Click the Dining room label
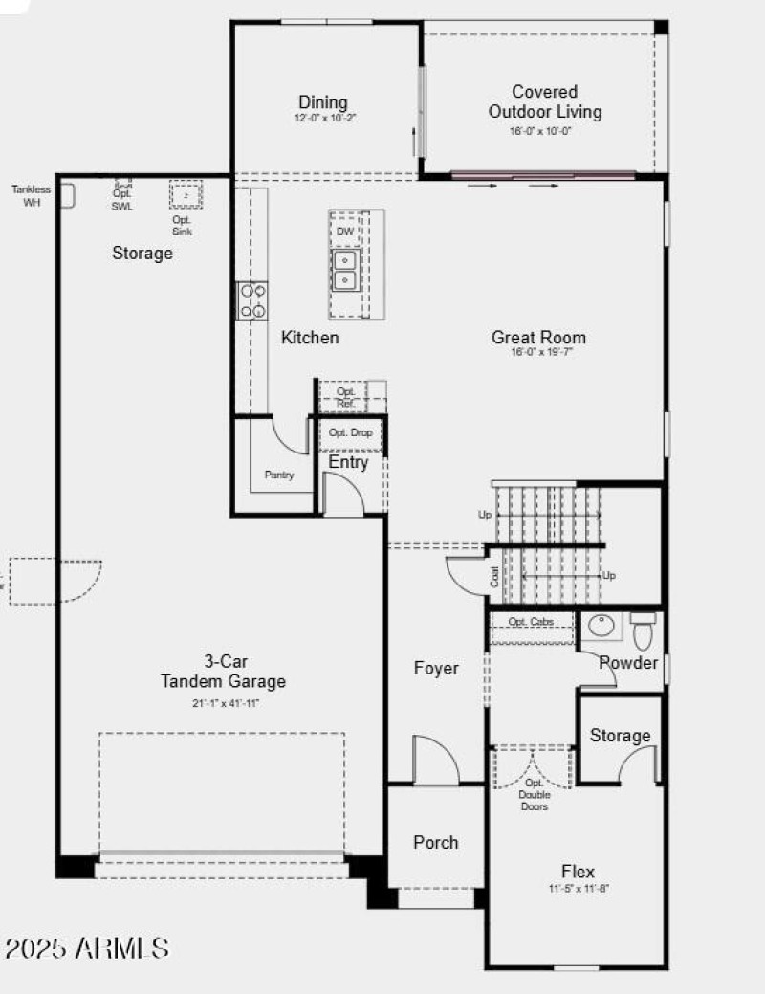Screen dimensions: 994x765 (323, 103)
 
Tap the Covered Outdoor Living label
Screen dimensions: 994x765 (545, 102)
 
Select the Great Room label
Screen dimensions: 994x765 (538, 338)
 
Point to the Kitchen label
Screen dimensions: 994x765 (310, 338)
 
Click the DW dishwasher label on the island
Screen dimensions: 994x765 (344, 232)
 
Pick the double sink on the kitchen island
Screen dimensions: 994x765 (344, 271)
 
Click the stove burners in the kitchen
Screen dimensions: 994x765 (253, 300)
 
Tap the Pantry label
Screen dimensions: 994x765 (279, 475)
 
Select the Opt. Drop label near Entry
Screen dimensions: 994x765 (349, 433)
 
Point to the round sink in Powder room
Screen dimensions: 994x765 (602, 627)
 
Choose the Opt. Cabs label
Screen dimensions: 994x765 (531, 622)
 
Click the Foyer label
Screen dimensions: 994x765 (436, 669)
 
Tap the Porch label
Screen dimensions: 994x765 (435, 843)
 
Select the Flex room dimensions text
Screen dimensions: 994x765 (578, 889)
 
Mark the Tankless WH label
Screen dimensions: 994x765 (32, 195)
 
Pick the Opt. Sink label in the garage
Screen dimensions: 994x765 (182, 226)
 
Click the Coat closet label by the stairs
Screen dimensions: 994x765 (494, 577)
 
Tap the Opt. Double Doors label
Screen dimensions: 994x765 (534, 794)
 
